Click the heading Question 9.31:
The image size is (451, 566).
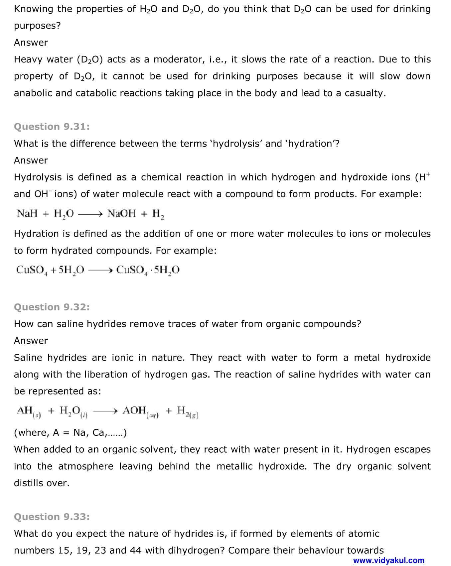click(x=52, y=127)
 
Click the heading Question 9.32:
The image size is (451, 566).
click(x=52, y=307)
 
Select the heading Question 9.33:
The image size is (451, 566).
click(x=52, y=517)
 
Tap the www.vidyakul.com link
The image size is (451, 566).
click(x=388, y=560)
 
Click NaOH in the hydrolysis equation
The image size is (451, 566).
click(x=121, y=213)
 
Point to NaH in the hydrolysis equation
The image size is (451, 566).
click(x=27, y=213)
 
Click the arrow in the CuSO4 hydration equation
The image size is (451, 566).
click(x=101, y=270)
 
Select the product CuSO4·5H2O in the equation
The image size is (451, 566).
click(x=148, y=270)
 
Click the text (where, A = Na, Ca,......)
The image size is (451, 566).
click(x=70, y=432)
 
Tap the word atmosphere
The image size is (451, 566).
click(x=85, y=466)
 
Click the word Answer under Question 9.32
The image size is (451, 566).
click(x=31, y=341)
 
